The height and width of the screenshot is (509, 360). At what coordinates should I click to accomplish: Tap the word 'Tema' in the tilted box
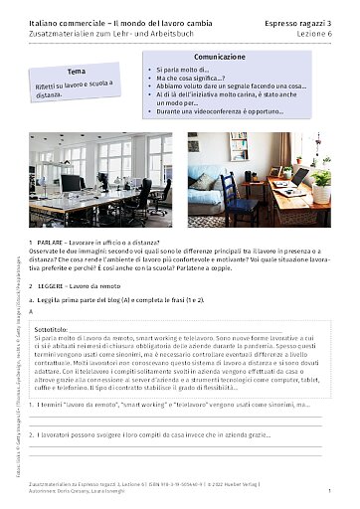pos(76,74)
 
